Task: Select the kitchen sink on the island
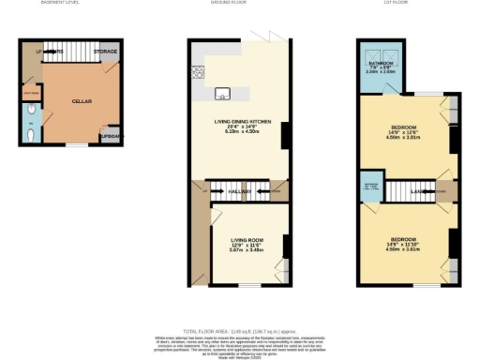[222, 92]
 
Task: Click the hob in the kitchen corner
[198, 71]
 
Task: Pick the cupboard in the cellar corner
[111, 137]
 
